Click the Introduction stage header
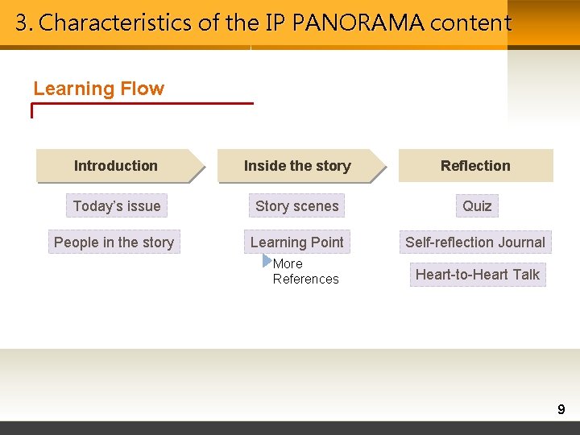click(x=116, y=166)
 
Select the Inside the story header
click(x=297, y=166)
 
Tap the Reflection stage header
click(x=475, y=166)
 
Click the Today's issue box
click(x=117, y=206)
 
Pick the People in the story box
click(x=114, y=242)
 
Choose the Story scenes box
click(x=297, y=206)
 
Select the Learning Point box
click(x=297, y=242)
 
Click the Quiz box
click(x=477, y=206)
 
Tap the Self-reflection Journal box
click(x=475, y=242)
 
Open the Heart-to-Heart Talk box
click(x=478, y=275)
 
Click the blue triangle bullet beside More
click(x=267, y=260)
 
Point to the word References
click(x=305, y=280)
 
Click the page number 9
click(x=561, y=410)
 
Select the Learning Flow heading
click(x=98, y=89)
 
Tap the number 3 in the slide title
click(x=21, y=23)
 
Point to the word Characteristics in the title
click(x=116, y=23)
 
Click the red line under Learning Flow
click(x=143, y=103)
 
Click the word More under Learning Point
click(x=288, y=263)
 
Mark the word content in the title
click(x=470, y=23)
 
